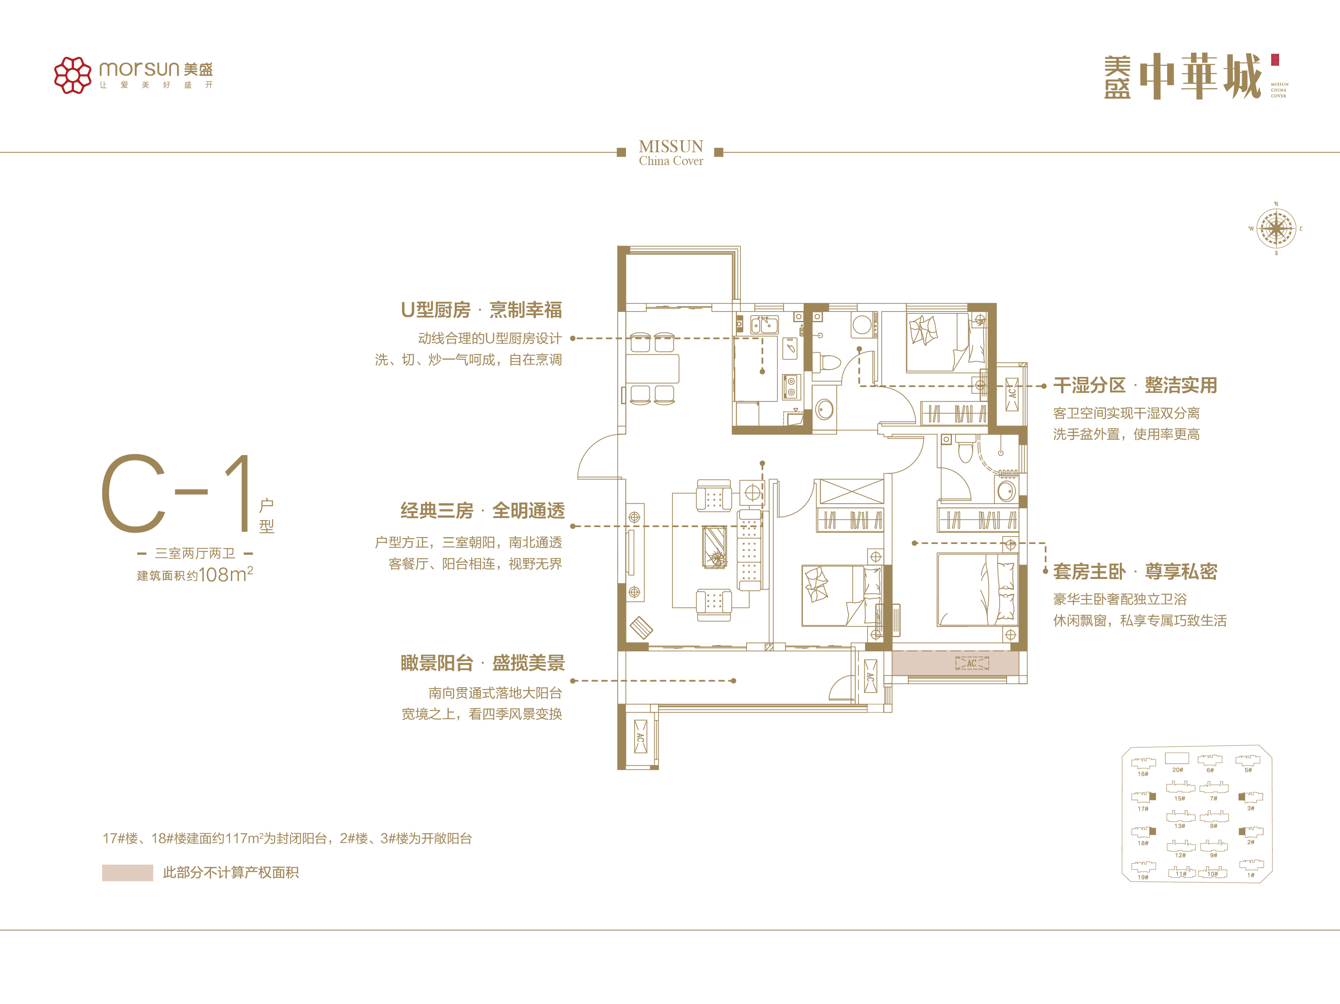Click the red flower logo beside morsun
(73, 75)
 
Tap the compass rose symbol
(1276, 229)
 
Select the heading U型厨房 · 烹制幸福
(482, 310)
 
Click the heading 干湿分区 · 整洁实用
(1135, 385)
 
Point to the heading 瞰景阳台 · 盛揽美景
(482, 663)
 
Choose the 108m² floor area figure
(226, 574)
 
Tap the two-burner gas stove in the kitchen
(791, 388)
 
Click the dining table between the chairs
(652, 368)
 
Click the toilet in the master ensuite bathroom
(965, 449)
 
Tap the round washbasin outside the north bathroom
(824, 409)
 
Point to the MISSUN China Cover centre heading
(670, 153)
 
